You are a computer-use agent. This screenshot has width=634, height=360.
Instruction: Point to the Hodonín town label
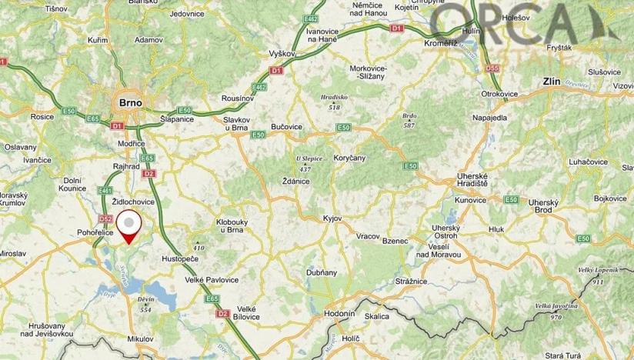[339, 315]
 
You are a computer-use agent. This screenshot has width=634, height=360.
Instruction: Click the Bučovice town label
[287, 126]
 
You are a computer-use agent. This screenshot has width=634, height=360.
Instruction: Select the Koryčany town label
[349, 157]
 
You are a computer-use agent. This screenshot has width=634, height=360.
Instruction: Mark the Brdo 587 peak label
[409, 120]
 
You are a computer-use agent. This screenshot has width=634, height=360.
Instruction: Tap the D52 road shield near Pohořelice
[106, 219]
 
